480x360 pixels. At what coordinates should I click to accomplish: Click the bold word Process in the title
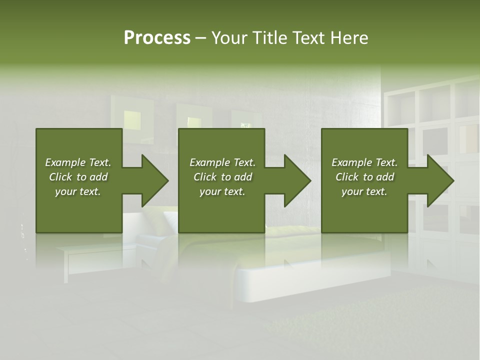coord(157,38)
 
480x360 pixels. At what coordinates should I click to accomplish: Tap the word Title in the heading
coord(270,38)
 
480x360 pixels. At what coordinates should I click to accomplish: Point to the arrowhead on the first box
coord(152,180)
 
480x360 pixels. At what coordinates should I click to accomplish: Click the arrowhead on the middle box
coord(295,180)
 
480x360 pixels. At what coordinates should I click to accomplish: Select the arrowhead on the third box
coord(438,180)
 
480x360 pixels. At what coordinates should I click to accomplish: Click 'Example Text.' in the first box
coord(78,162)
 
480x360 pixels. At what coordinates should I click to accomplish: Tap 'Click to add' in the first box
coord(78,177)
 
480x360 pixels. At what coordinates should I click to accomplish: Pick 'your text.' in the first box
coord(78,191)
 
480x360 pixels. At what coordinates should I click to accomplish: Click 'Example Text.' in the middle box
coord(222,162)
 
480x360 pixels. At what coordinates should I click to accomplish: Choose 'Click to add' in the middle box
coord(222,177)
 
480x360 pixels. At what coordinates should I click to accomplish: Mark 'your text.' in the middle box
coord(222,191)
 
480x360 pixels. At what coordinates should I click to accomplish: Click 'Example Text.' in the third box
coord(364,162)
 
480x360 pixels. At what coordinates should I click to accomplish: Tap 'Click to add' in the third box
coord(364,177)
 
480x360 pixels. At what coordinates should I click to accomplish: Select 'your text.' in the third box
coord(364,191)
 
